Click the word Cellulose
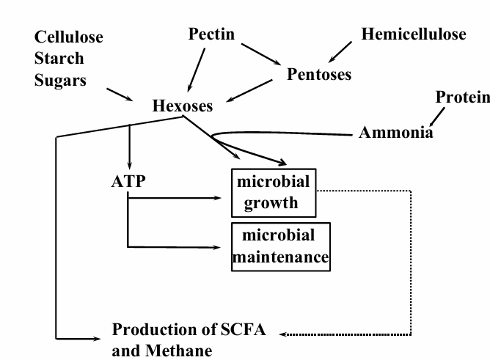point(69,37)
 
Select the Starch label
point(59,58)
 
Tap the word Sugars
point(60,81)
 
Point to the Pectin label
point(211,34)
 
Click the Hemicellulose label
point(414,34)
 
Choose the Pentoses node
point(319,74)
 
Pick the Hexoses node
point(183,106)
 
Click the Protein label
point(463,97)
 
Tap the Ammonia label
point(396,133)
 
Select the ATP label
point(128,181)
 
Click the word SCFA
point(244,329)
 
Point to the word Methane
point(179,350)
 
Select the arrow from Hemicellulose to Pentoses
point(340,52)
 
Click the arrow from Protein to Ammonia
point(437,117)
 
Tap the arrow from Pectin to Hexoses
point(197,70)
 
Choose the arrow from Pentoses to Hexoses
point(249,90)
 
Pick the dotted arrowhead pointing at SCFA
point(283,334)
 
